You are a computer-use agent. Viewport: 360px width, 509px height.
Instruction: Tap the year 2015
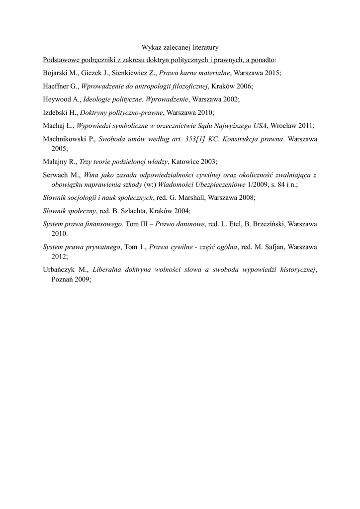pyautogui.click(x=271, y=73)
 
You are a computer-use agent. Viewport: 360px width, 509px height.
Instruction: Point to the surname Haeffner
pyautogui.click(x=58, y=86)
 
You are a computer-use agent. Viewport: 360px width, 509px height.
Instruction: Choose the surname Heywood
pyautogui.click(x=58, y=99)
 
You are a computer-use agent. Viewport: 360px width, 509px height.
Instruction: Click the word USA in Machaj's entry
pyautogui.click(x=260, y=125)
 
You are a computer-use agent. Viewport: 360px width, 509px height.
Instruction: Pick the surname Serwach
pyautogui.click(x=57, y=175)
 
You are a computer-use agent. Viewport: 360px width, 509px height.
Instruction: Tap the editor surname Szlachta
pyautogui.click(x=132, y=210)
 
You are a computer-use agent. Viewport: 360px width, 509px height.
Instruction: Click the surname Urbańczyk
pyautogui.click(x=61, y=270)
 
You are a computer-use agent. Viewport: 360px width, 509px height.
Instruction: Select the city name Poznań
pyautogui.click(x=64, y=279)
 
